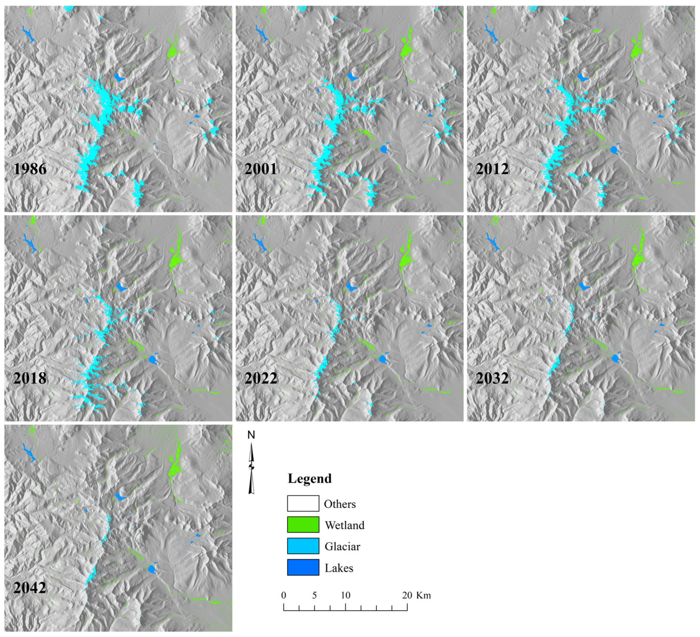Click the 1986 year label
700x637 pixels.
coord(30,169)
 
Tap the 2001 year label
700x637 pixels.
coord(261,169)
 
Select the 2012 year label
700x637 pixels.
coord(492,169)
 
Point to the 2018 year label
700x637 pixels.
coord(30,378)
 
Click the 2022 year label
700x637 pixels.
coord(261,378)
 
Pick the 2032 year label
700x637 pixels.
coord(492,378)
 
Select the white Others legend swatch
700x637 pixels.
coord(303,503)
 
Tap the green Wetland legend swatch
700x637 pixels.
coord(303,525)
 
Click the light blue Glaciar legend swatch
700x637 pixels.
coord(303,546)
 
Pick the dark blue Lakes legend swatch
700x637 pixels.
coord(303,567)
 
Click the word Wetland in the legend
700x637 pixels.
coord(344,525)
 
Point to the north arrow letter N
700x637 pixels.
coord(251,435)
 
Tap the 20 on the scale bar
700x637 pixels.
coord(407,595)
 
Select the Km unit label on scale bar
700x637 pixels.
coord(424,595)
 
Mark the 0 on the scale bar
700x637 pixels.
coord(284,595)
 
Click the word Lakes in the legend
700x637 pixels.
coord(339,568)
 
